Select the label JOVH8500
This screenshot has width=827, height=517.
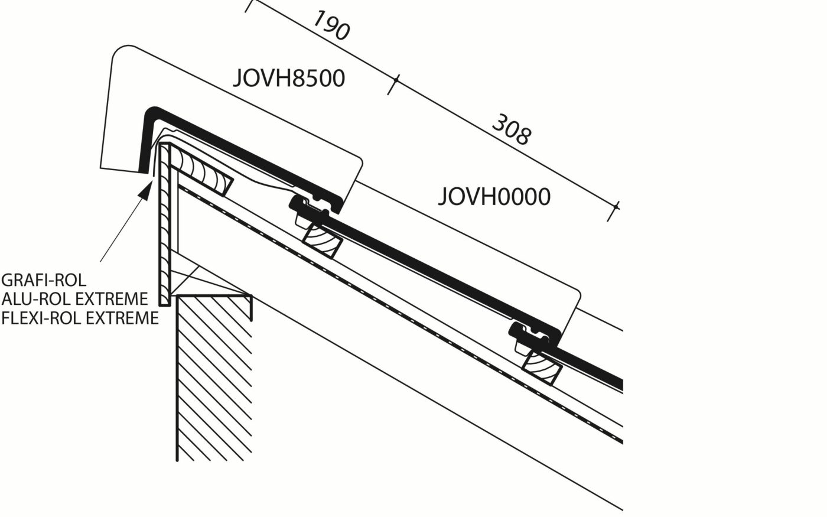(x=288, y=78)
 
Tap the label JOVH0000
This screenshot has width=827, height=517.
(x=494, y=197)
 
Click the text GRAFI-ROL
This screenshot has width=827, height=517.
(x=44, y=279)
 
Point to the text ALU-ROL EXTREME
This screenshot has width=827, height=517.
(x=74, y=298)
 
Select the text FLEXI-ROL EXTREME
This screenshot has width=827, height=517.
(x=80, y=318)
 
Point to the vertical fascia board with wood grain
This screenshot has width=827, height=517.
(x=165, y=225)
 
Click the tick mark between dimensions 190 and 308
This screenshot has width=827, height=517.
(x=393, y=84)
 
